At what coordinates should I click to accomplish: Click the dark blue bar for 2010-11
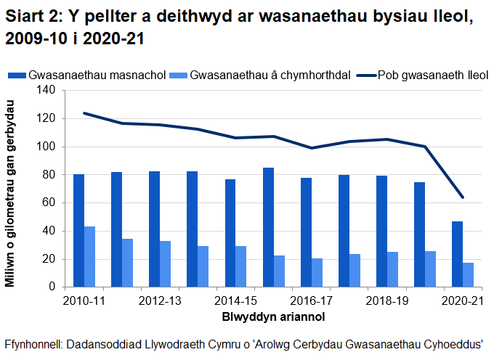click(x=78, y=231)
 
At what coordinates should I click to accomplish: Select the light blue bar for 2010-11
click(x=89, y=257)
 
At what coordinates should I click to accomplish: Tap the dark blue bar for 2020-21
click(x=457, y=254)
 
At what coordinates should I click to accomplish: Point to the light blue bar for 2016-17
click(x=317, y=273)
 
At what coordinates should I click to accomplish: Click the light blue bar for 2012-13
click(x=165, y=264)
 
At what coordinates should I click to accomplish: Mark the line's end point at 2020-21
click(x=462, y=197)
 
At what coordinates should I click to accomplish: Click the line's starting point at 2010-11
click(x=84, y=113)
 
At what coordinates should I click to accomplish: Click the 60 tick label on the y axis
click(x=49, y=202)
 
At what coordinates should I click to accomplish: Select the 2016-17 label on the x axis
click(x=311, y=300)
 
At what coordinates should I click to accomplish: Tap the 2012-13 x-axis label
click(x=160, y=300)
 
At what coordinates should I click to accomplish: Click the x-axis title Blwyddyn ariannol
click(x=273, y=317)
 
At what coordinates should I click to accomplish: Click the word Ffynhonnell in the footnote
click(x=32, y=345)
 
